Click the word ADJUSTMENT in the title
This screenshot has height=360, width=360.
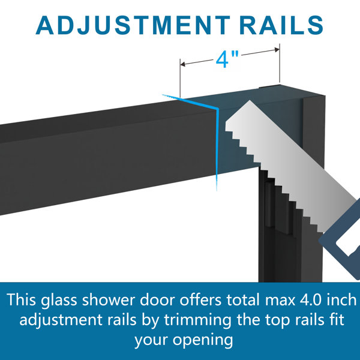coord(133,25)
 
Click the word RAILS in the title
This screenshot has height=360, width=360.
coord(281,25)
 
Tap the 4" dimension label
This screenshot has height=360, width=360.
coord(227,59)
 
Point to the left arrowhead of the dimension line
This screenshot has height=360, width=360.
coord(183,64)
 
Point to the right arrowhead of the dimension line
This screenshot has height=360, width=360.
coord(277,50)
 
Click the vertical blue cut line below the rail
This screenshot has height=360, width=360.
coord(217,149)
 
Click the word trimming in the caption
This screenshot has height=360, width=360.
coord(197,320)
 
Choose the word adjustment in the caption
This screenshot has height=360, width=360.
coord(61,320)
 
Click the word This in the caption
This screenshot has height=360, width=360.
coord(22,300)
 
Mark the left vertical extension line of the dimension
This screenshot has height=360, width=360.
coord(180,78)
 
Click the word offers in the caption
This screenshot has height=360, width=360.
coord(200,299)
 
